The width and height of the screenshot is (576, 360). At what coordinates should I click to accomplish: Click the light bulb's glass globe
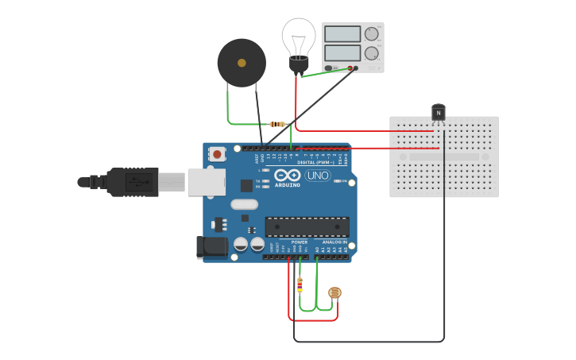(298, 36)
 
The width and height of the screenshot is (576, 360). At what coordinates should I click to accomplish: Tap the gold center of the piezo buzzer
(242, 61)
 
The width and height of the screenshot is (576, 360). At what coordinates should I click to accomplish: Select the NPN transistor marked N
(438, 113)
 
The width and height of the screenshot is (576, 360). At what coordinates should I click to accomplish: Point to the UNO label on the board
(318, 175)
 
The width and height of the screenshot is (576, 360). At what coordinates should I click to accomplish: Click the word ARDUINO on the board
(288, 184)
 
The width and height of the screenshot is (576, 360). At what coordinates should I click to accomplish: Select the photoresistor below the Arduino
(334, 293)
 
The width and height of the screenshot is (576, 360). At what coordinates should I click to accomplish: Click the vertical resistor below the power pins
(300, 285)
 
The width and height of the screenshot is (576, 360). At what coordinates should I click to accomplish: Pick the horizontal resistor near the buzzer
(277, 124)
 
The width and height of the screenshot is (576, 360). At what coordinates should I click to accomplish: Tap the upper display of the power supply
(342, 34)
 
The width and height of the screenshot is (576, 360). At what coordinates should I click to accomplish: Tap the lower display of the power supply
(342, 53)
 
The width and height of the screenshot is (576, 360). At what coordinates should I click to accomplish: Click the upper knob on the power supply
(371, 33)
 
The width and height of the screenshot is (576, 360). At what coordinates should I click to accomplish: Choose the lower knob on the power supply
(371, 53)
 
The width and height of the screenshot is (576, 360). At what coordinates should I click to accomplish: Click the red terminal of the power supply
(350, 68)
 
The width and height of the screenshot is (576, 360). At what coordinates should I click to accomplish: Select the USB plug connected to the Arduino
(131, 182)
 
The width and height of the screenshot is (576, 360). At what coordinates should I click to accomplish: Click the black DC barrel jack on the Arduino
(211, 247)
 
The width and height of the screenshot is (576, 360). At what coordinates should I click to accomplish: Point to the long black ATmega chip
(307, 226)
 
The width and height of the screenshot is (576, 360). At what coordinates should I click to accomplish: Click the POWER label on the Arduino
(299, 242)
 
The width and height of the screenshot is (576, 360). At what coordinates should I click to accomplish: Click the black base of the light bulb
(298, 64)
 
